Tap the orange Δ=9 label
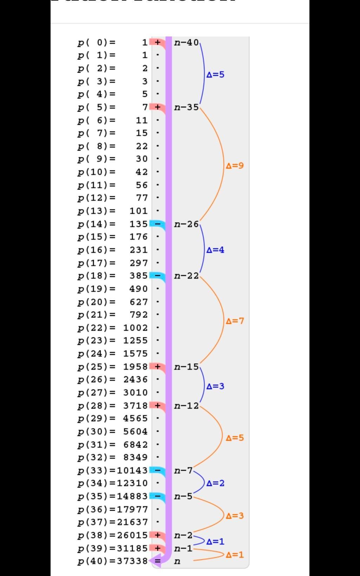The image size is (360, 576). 235,166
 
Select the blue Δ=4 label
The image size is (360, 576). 215,250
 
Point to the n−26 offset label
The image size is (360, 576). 186,224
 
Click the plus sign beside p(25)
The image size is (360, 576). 158,367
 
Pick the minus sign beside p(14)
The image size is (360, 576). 158,224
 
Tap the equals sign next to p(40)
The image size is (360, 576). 158,561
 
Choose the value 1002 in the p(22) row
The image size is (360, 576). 136,328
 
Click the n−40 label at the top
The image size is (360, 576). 186,43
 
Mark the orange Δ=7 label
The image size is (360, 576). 235,321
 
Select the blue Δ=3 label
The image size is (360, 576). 215,386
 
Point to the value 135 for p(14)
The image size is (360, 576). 139,224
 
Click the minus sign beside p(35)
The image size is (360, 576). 158,496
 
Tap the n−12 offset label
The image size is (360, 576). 186,406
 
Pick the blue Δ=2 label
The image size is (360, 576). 215,483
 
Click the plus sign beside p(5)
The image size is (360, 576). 158,107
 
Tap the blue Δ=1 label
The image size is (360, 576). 215,542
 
